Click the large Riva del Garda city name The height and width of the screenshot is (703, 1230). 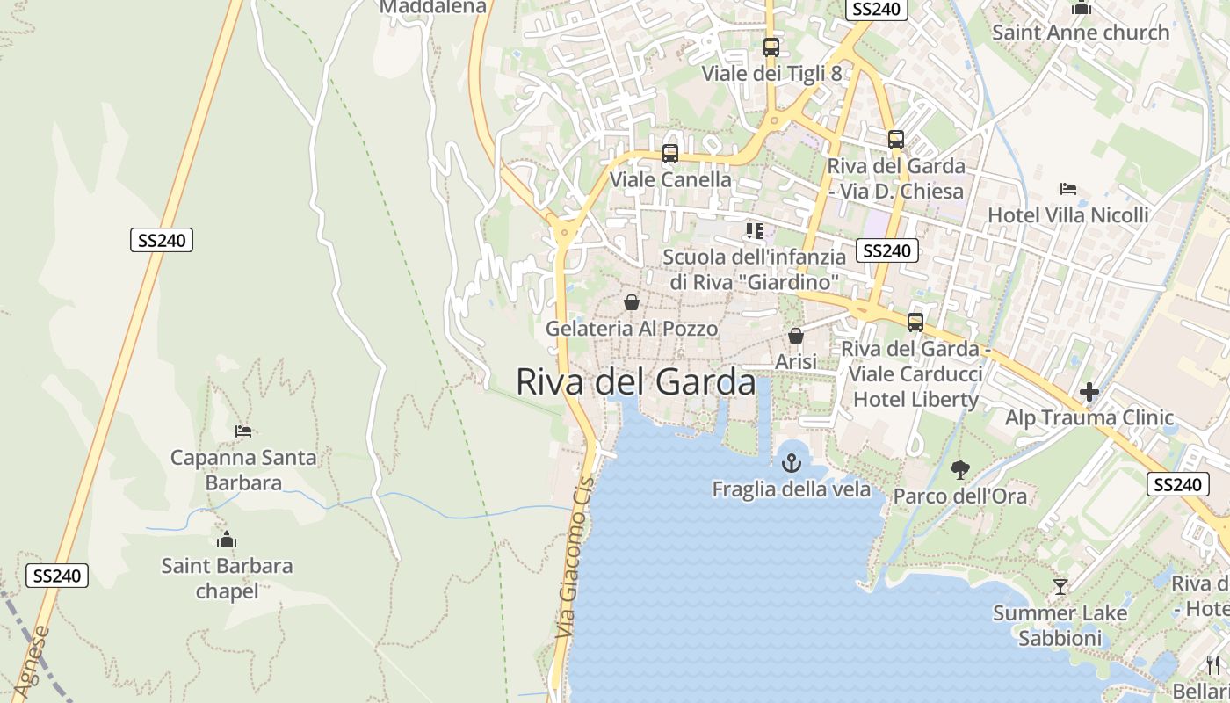[x=635, y=382]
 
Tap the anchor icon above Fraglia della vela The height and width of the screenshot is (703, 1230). [x=792, y=462]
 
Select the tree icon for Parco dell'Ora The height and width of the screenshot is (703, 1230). [x=960, y=469]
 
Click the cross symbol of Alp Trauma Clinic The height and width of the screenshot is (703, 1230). [x=1089, y=392]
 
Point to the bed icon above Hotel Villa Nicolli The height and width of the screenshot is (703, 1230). [x=1068, y=189]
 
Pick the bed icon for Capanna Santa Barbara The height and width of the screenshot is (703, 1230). [x=243, y=431]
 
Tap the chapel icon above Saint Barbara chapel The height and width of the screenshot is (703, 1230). [x=227, y=540]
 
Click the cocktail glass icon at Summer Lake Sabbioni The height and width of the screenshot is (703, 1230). [x=1060, y=586]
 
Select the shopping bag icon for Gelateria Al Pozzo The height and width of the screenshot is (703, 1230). [x=632, y=302]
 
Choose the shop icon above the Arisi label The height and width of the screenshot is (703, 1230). [x=796, y=336]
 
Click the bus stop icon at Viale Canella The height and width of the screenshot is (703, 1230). [x=670, y=154]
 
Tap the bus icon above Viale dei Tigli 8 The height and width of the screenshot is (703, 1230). [x=771, y=47]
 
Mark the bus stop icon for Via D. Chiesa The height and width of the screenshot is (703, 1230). [x=896, y=140]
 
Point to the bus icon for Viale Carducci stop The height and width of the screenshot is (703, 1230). [x=915, y=323]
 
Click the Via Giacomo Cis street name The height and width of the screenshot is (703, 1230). [x=575, y=557]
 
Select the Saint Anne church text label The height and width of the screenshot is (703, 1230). [x=1081, y=33]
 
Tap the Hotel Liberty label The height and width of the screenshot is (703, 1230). [x=915, y=399]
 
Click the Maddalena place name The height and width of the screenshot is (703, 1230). [x=432, y=7]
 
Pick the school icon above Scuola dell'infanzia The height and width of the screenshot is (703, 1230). [x=754, y=231]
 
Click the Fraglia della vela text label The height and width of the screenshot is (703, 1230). [x=791, y=489]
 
